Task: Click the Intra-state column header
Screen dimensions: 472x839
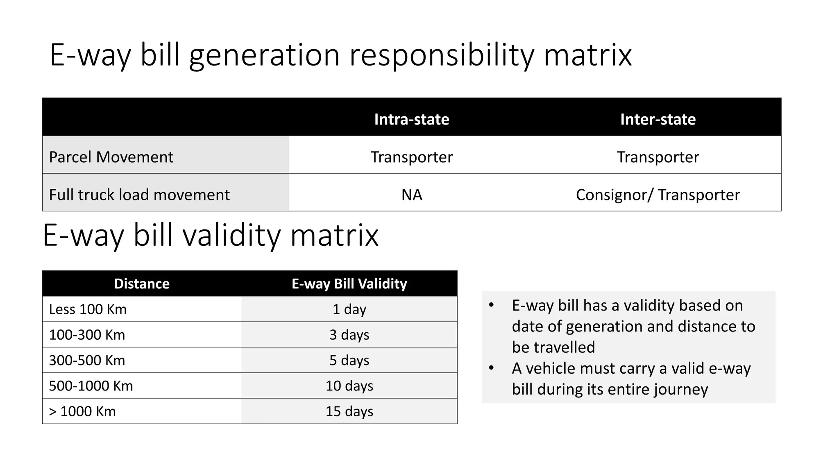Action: pyautogui.click(x=411, y=119)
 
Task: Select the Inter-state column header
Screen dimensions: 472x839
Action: pyautogui.click(x=658, y=119)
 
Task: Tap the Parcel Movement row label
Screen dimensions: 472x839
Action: pyautogui.click(x=111, y=157)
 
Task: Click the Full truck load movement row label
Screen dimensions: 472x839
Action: pyautogui.click(x=139, y=195)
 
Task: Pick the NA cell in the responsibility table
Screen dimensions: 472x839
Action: pyautogui.click(x=411, y=195)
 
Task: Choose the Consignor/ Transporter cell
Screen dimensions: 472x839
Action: pyautogui.click(x=658, y=195)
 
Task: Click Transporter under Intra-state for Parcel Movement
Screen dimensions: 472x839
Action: pyautogui.click(x=411, y=157)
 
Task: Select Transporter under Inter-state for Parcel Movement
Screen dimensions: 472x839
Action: pyautogui.click(x=658, y=157)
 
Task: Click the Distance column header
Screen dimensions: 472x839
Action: pyautogui.click(x=142, y=284)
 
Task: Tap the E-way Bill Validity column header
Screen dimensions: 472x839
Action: pyautogui.click(x=349, y=284)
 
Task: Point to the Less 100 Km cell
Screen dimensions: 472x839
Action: pyautogui.click(x=88, y=309)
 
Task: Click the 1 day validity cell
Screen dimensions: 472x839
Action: pyautogui.click(x=349, y=309)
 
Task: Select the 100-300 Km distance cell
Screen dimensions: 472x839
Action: pyautogui.click(x=87, y=335)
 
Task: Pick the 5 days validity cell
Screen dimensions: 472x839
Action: pyautogui.click(x=349, y=360)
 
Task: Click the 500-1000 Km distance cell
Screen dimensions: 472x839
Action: pyautogui.click(x=91, y=386)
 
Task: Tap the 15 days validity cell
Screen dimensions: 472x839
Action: pyautogui.click(x=349, y=411)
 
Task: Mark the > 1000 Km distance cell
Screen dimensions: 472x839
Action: pyautogui.click(x=82, y=411)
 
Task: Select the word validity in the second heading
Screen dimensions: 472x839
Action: pyautogui.click(x=231, y=236)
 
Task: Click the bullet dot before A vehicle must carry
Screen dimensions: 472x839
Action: pyautogui.click(x=491, y=368)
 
